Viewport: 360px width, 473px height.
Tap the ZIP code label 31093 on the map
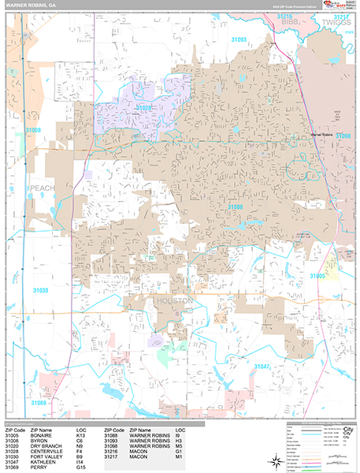(x=239, y=39)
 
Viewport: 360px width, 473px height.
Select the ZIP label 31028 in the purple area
(x=143, y=106)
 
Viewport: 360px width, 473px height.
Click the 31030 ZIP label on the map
(x=41, y=291)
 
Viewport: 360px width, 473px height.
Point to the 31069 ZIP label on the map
(x=39, y=403)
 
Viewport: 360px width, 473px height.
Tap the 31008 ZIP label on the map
(x=33, y=128)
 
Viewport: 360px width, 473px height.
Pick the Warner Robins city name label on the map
(x=323, y=135)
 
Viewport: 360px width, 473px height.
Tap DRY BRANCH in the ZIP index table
(x=48, y=446)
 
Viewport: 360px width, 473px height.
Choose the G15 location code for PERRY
(x=81, y=468)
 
